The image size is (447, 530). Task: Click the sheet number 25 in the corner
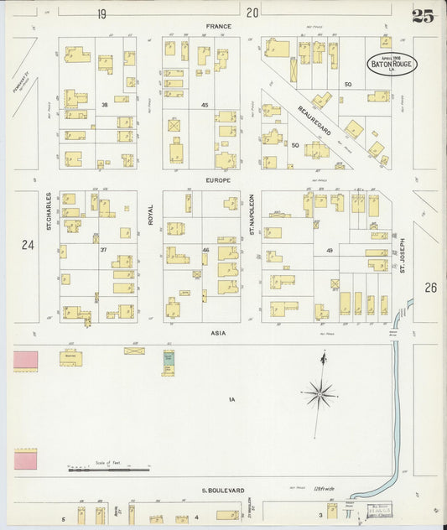423,15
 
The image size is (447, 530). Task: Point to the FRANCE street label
219,27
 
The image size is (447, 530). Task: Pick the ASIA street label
220,333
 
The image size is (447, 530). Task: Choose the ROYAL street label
151,216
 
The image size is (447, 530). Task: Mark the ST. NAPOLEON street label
251,214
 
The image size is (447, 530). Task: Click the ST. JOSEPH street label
402,257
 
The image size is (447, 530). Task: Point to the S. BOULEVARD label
221,490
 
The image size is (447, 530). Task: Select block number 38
105,105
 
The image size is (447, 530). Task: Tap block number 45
204,105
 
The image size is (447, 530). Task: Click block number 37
104,250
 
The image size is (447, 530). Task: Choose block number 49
330,251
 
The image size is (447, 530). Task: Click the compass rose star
320,391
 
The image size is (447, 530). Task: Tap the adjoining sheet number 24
28,245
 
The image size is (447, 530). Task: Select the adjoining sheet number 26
430,288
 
